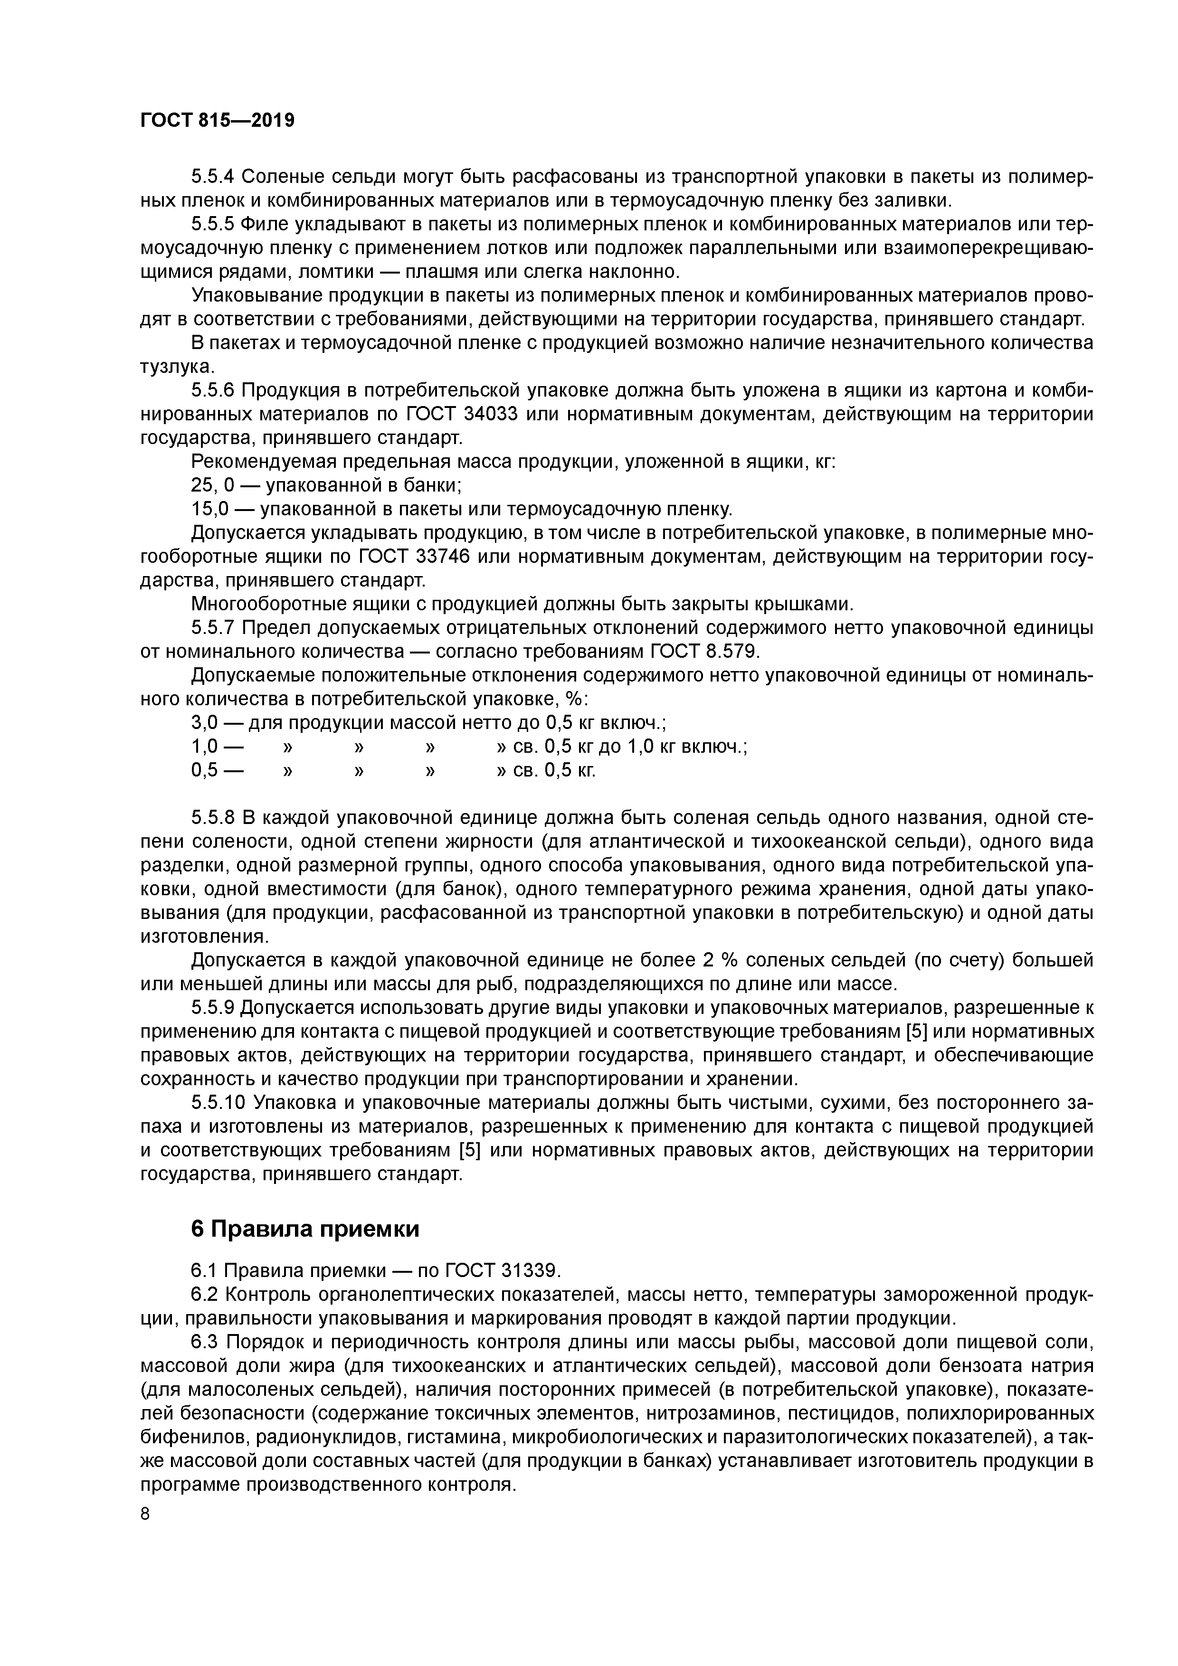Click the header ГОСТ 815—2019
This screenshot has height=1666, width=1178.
tap(217, 121)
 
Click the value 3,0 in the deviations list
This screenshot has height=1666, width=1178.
tap(204, 723)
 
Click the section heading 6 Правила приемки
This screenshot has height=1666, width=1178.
tap(305, 1229)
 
